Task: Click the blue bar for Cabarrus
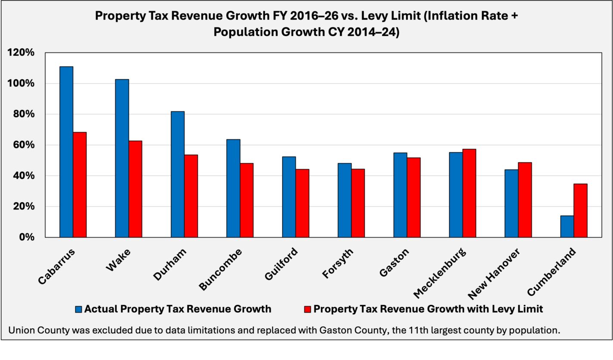pyautogui.click(x=66, y=152)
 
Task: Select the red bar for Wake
pyautogui.click(x=135, y=189)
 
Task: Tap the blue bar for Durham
pyautogui.click(x=178, y=174)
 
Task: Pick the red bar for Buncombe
pyautogui.click(x=246, y=200)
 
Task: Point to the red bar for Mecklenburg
pyautogui.click(x=469, y=193)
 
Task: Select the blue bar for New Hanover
pyautogui.click(x=511, y=203)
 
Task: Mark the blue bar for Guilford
pyautogui.click(x=289, y=197)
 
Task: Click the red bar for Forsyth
pyautogui.click(x=358, y=203)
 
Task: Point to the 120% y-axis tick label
pyautogui.click(x=21, y=52)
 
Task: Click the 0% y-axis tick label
pyautogui.click(x=26, y=237)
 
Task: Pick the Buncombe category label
pyautogui.click(x=221, y=269)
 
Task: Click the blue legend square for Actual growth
pyautogui.click(x=78, y=309)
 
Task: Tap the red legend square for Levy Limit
pyautogui.click(x=307, y=309)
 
